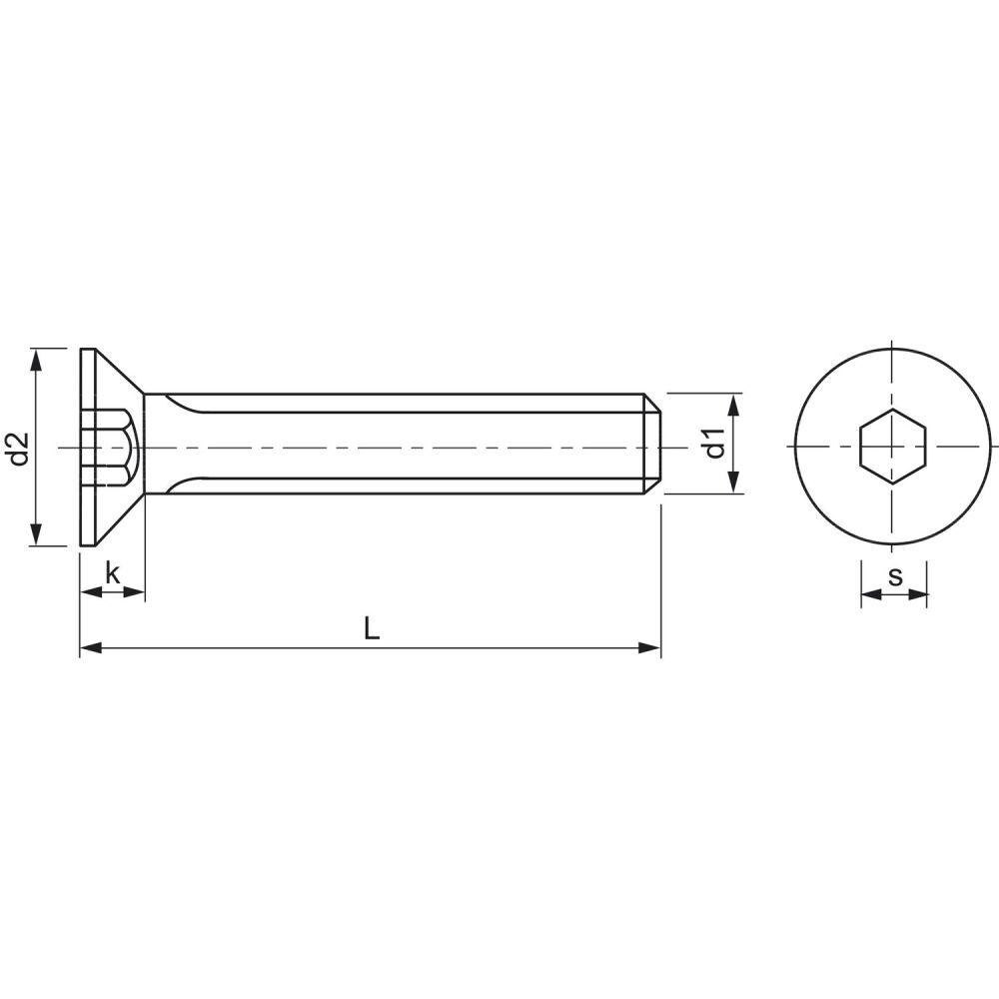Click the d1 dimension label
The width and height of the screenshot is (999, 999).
[x=716, y=444]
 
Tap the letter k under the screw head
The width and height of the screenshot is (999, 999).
[x=113, y=573]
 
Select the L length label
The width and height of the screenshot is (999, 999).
[x=372, y=628]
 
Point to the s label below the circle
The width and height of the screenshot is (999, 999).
[x=896, y=576]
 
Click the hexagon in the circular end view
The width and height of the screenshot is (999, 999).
[x=892, y=446]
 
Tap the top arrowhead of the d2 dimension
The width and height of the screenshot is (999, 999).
[x=36, y=360]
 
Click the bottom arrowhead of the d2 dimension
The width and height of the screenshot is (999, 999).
[x=36, y=534]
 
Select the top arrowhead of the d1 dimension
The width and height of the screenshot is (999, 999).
[x=734, y=406]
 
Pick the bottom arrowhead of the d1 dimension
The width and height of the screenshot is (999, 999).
[x=734, y=482]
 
